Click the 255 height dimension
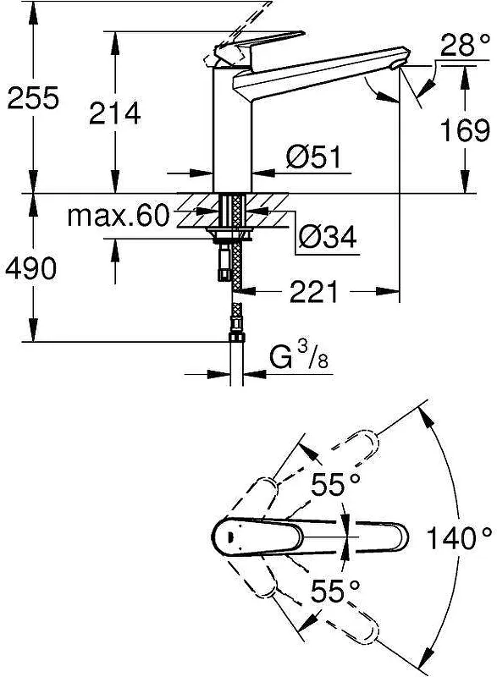(33, 98)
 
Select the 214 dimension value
(115, 113)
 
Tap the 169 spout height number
(465, 130)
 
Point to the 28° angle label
(466, 45)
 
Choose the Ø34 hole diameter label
(329, 236)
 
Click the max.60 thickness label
(119, 216)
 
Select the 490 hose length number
(30, 267)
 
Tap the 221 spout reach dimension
(314, 292)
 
